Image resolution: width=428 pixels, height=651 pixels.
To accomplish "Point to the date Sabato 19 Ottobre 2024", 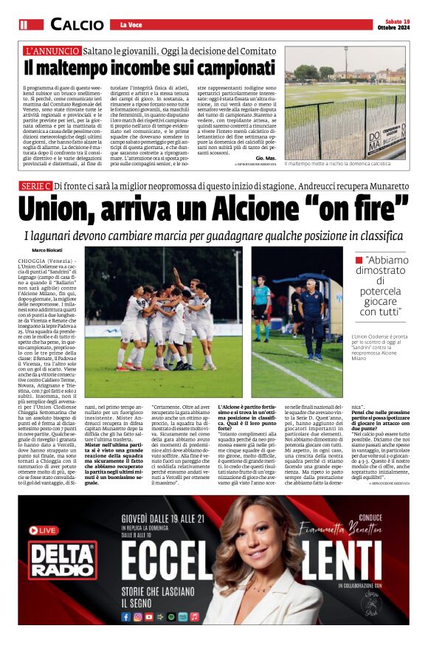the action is tap(398, 24).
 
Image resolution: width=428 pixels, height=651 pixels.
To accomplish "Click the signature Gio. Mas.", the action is tap(266, 158).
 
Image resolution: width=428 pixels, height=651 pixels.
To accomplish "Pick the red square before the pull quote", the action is tap(359, 260).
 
